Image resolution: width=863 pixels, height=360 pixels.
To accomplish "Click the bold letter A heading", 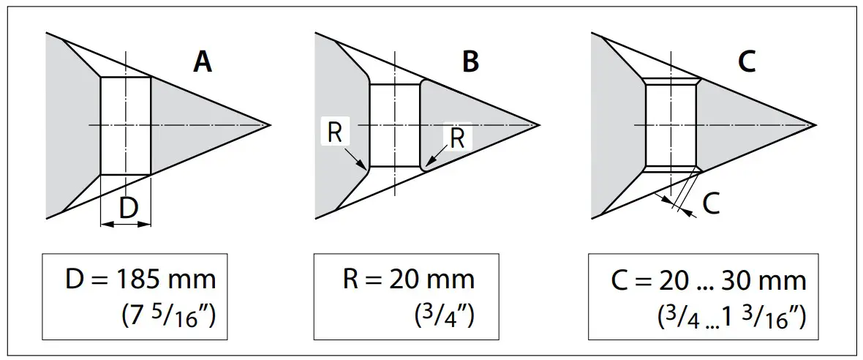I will pos(203,62).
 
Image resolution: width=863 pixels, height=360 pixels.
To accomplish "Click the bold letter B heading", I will pos(470,62).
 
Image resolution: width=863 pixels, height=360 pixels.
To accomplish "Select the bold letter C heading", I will pos(747,62).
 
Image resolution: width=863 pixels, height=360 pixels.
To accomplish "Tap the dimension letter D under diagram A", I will pos(128,209).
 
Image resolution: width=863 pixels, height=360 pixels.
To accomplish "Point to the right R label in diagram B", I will pos(458,139).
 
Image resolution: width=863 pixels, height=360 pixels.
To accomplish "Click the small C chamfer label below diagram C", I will pos(710,204).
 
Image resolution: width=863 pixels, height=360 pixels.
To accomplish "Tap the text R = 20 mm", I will pos(409,280).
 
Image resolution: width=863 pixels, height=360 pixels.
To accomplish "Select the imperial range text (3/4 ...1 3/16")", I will pos(731,317).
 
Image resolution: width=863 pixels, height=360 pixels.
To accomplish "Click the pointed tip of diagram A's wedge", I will pos(270,124).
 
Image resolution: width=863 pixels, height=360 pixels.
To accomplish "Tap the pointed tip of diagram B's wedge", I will pos(540,125).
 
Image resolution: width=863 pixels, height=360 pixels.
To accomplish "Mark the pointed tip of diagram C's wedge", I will pos(815,124).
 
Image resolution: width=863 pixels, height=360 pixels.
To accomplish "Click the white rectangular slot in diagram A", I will pos(125,125).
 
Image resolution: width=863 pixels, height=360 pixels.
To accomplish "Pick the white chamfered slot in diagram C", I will pos(669,124).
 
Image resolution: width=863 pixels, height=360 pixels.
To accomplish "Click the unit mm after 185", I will pos(192,280).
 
